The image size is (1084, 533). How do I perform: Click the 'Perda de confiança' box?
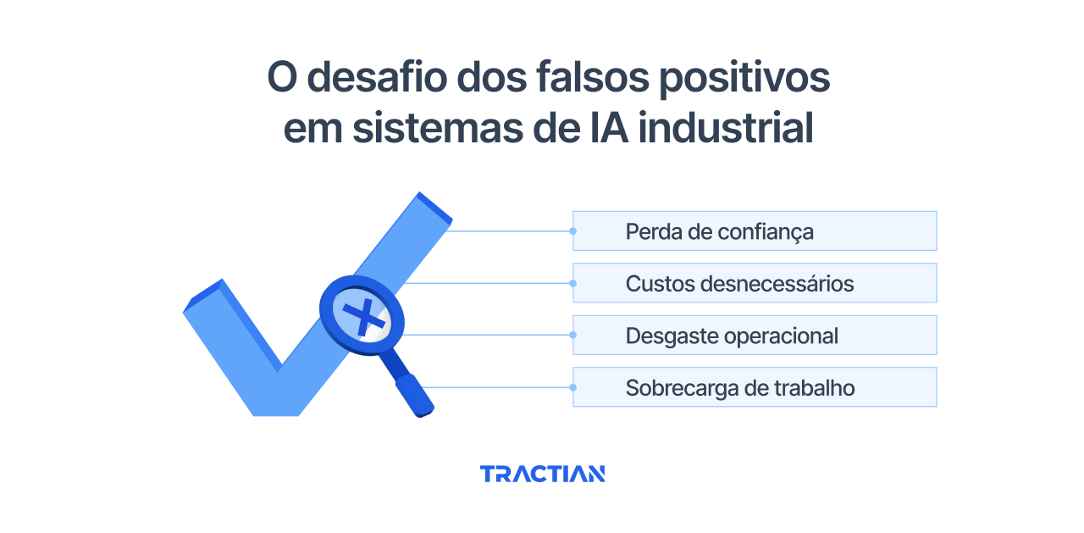pos(755,231)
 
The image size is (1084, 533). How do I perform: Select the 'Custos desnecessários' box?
pos(755,283)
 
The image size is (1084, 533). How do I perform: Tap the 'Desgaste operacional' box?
pos(755,336)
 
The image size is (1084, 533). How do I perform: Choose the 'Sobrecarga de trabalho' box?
pos(755,387)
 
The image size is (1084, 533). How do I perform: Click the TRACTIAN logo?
pos(542,474)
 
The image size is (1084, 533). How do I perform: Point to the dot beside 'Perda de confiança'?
pos(573,231)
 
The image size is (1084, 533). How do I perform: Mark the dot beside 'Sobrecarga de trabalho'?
pos(573,387)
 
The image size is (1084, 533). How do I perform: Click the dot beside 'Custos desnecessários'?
pos(573,283)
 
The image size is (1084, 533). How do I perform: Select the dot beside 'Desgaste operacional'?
pos(573,336)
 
